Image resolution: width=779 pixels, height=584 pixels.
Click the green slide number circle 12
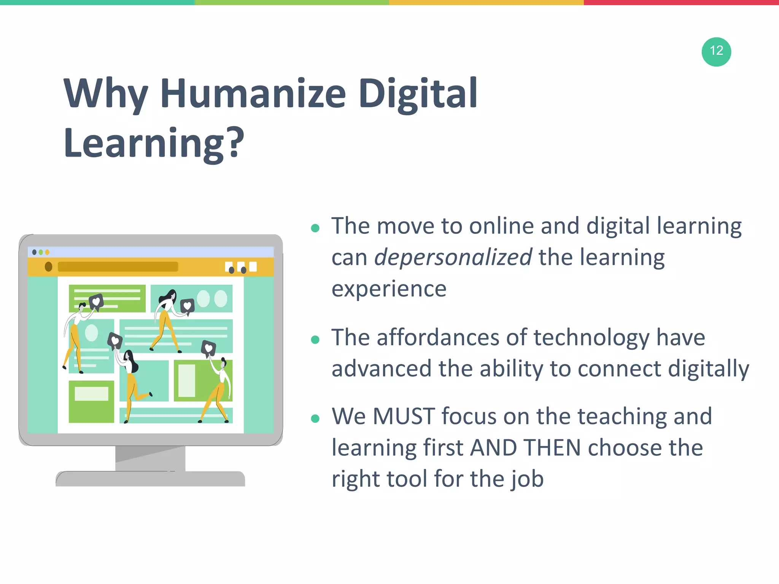point(716,52)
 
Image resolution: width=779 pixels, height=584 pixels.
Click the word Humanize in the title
point(253,93)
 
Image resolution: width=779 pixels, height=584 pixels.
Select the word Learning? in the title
point(154,143)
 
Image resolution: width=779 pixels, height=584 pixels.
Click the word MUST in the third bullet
point(404,416)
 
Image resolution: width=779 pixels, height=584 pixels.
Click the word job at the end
point(527,479)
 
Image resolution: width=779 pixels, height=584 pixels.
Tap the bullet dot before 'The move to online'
point(315,228)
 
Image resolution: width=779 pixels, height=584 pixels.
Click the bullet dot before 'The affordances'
point(315,340)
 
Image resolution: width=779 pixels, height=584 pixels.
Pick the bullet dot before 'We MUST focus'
point(315,419)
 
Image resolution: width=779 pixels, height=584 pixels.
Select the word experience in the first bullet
point(389,289)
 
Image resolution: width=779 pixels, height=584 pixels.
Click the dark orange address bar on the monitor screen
point(118,267)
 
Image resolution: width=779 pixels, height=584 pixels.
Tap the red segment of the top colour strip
point(681,2)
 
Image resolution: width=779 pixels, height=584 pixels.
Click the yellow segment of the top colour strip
point(486,2)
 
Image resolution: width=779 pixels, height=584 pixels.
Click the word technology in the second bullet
point(592,338)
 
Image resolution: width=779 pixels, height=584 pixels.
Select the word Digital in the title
point(418,93)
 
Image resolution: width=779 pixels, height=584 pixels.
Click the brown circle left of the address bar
point(48,267)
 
